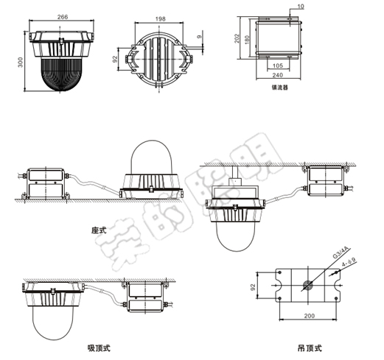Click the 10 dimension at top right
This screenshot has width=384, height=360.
point(299,7)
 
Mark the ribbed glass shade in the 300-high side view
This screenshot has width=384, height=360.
point(62,76)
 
